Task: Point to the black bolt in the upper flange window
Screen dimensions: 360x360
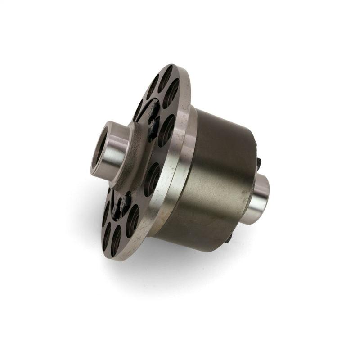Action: (x=153, y=115)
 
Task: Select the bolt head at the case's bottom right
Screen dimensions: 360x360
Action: (x=229, y=237)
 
